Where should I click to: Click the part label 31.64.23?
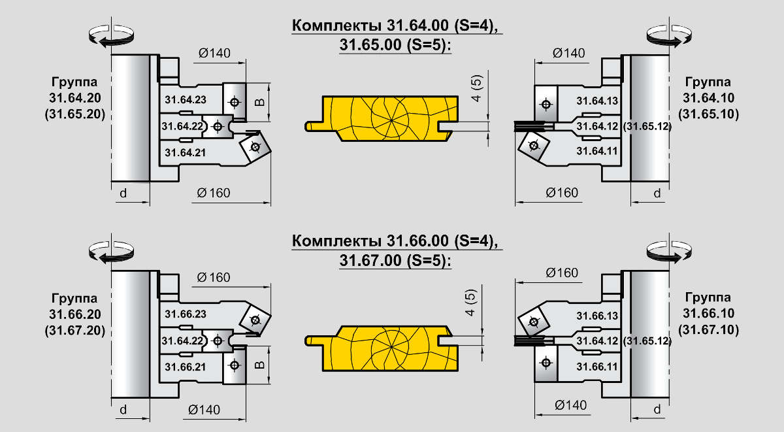(186, 100)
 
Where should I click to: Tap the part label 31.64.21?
(186, 152)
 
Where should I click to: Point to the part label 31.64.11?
(597, 150)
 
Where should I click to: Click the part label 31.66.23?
(186, 314)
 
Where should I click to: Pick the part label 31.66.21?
(186, 367)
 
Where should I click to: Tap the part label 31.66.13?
(597, 316)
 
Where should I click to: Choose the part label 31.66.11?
(597, 367)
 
